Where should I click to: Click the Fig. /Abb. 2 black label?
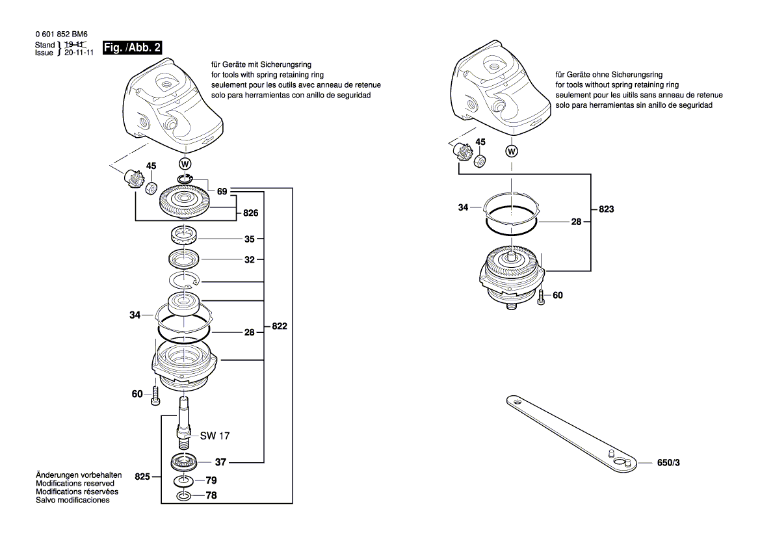132,47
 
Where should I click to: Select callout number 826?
251,213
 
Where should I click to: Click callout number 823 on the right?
605,209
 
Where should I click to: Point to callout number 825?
142,477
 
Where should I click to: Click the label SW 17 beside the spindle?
215,436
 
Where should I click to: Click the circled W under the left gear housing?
185,163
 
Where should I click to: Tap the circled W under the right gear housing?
512,151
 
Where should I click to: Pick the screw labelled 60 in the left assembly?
156,395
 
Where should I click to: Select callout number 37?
221,462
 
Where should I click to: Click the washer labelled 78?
184,497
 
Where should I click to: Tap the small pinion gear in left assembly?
133,177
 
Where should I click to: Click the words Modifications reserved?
75,484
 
